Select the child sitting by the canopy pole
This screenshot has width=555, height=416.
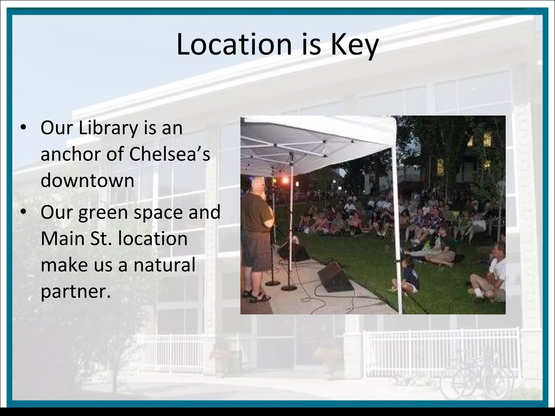[408, 276]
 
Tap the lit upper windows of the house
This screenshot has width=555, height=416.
[480, 139]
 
